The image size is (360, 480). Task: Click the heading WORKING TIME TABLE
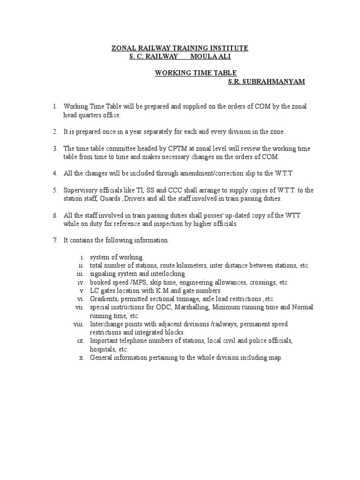click(x=196, y=73)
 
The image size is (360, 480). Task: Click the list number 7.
click(x=54, y=240)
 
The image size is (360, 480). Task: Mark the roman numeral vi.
click(x=80, y=299)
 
